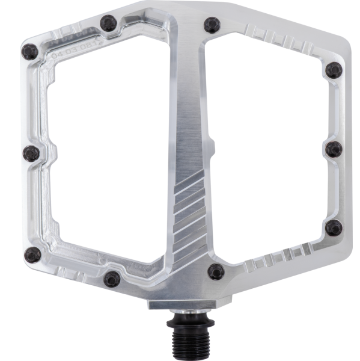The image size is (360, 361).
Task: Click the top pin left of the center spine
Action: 108,23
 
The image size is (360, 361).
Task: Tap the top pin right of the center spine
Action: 212,24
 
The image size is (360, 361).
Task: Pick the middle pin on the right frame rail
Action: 334,149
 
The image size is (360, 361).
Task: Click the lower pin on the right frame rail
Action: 334,227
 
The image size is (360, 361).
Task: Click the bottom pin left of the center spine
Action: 111,277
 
